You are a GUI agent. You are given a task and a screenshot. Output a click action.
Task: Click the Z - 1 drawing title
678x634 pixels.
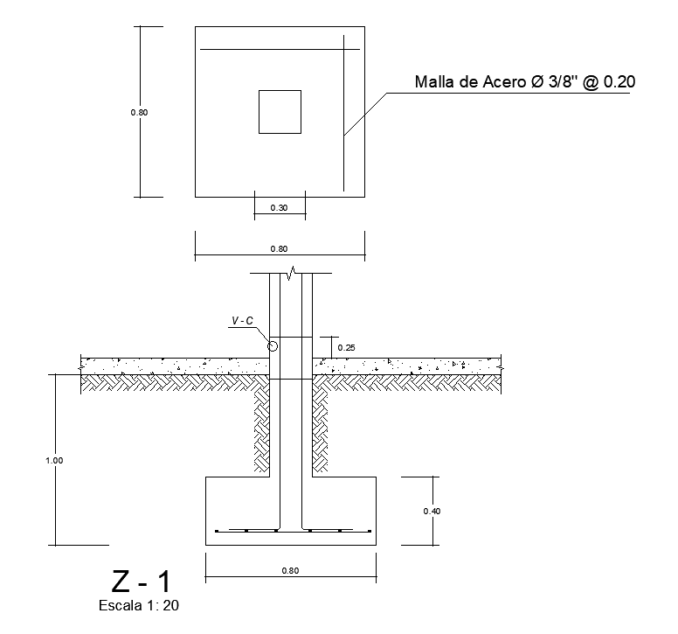tap(141, 582)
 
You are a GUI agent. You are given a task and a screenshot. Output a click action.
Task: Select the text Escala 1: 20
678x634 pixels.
tap(139, 605)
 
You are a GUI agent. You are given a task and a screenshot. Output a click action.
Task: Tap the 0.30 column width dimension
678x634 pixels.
tap(279, 208)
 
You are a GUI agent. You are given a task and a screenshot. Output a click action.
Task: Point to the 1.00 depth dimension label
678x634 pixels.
tap(54, 461)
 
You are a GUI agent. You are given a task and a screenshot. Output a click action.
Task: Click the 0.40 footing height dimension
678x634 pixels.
tap(432, 511)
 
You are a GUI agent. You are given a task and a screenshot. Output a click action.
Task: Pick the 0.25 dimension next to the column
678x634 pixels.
tap(346, 347)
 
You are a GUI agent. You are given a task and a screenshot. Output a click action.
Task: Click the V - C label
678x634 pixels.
tap(243, 321)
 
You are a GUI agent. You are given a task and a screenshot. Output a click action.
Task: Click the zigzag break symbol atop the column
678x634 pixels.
tap(292, 273)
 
